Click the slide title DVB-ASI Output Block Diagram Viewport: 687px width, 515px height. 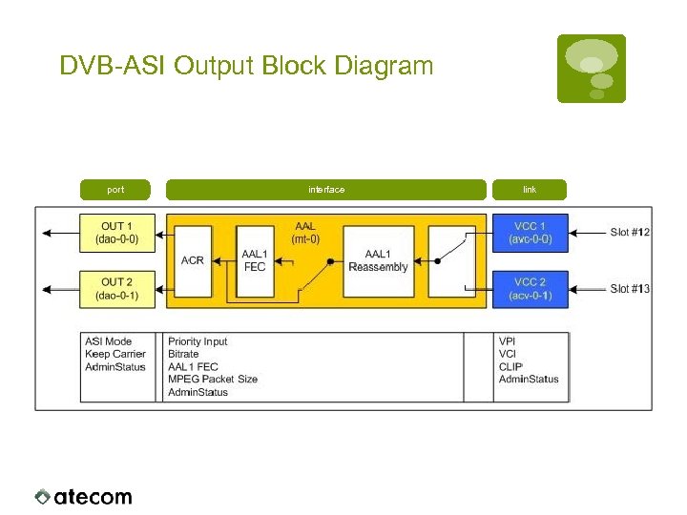(246, 66)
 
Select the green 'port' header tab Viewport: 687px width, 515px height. (115, 190)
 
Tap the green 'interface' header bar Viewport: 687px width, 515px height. (325, 190)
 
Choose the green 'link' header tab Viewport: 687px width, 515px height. (529, 190)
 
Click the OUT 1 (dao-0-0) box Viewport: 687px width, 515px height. (119, 233)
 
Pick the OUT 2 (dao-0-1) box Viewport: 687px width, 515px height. (119, 288)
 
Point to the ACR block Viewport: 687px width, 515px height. (192, 260)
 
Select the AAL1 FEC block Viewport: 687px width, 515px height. (255, 260)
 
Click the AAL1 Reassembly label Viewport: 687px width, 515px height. (378, 260)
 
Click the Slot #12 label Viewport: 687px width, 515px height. (630, 233)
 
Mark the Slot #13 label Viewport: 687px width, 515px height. (630, 289)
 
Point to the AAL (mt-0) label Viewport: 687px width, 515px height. (305, 233)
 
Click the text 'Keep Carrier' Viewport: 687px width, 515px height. (115, 354)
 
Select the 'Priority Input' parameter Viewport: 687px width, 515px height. (198, 341)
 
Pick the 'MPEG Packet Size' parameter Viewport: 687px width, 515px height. (212, 380)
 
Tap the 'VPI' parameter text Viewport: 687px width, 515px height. (508, 341)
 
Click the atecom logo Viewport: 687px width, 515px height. (84, 496)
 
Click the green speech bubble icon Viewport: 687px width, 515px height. (592, 68)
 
